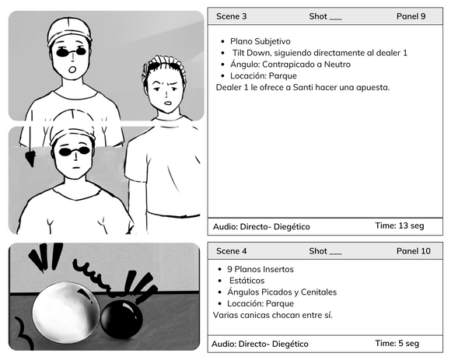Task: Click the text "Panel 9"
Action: [411, 16]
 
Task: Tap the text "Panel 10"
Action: [414, 251]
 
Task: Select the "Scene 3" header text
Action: [231, 16]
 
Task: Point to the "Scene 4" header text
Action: [231, 251]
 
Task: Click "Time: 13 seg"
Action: [400, 225]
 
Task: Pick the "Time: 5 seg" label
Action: [397, 343]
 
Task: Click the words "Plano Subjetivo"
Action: [260, 41]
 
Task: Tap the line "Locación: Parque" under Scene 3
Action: [264, 76]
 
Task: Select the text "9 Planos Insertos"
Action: [260, 269]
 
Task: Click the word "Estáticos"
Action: [246, 281]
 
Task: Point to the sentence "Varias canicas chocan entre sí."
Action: [273, 315]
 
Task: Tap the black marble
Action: [121, 319]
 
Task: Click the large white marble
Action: [66, 313]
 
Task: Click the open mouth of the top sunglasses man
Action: [73, 69]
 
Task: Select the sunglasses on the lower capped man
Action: [74, 152]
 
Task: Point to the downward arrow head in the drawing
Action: [30, 159]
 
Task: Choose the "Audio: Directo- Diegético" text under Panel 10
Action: [260, 344]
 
